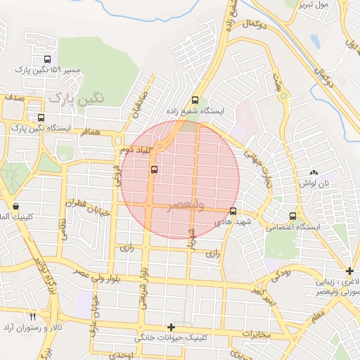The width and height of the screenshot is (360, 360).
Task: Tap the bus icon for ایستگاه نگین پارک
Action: point(41,117)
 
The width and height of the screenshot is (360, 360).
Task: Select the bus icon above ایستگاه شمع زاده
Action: point(195,100)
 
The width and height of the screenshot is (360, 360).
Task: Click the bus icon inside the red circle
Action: point(154,169)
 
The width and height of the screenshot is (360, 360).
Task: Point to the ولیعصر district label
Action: point(186,205)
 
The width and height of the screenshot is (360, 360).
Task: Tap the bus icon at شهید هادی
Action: point(233,211)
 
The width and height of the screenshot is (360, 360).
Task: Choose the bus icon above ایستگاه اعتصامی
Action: point(292,216)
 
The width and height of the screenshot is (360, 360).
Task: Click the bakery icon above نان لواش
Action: point(314,172)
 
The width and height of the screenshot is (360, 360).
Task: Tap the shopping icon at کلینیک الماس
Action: point(15,207)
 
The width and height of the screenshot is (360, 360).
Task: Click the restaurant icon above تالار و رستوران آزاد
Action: point(32,317)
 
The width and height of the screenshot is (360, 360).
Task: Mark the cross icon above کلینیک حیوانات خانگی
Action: point(171,327)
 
